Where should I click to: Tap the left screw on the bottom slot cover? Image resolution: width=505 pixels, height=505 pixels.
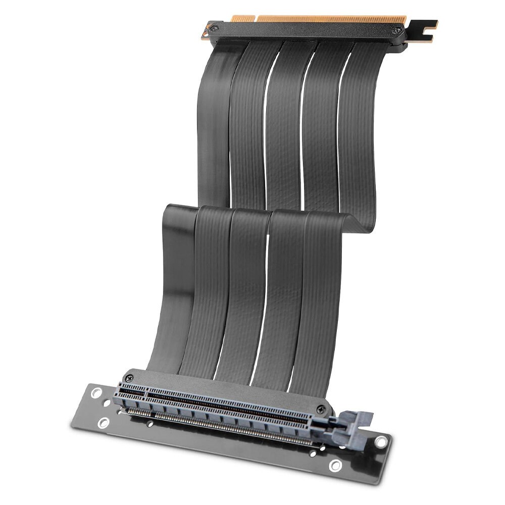point(131,377)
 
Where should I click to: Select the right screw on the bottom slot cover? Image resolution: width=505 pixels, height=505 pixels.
point(319,408)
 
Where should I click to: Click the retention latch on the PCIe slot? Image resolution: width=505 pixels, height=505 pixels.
point(348,424)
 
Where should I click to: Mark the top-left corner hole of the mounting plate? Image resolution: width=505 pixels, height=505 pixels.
point(94,391)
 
